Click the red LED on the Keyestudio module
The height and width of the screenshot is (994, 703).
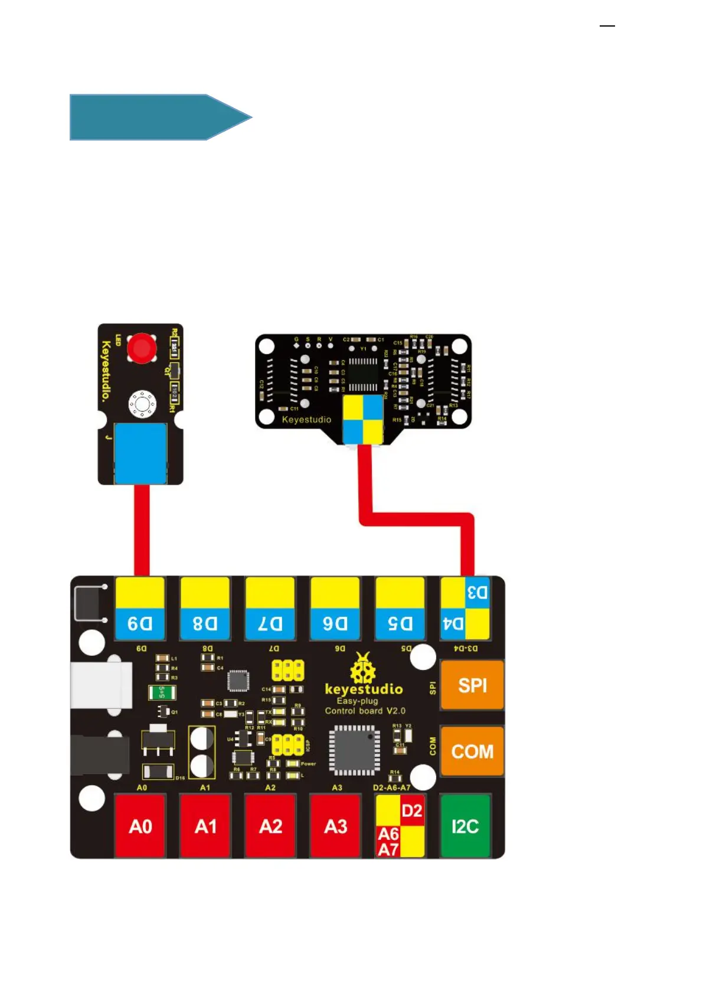[x=142, y=348]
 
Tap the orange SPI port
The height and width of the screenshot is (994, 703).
[x=472, y=685]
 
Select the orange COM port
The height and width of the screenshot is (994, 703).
[x=472, y=751]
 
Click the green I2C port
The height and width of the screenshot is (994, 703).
[x=465, y=826]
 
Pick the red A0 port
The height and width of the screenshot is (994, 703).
[x=140, y=826]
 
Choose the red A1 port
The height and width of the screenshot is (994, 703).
[x=205, y=826]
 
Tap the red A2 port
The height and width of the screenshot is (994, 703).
[x=270, y=826]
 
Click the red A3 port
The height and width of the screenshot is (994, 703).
[x=335, y=826]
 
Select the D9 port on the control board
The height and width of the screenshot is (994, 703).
[x=140, y=609]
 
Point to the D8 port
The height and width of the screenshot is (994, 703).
[x=205, y=609]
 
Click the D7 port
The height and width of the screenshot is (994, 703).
[x=270, y=609]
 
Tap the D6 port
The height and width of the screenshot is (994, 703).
[x=335, y=609]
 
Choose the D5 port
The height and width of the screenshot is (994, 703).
[x=400, y=609]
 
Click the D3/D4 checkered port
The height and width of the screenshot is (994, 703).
[x=465, y=609]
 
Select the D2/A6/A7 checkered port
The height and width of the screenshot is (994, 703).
[x=400, y=826]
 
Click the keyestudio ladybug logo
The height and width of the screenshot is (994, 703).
[x=363, y=669]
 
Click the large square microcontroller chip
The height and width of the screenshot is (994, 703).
[x=354, y=750]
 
